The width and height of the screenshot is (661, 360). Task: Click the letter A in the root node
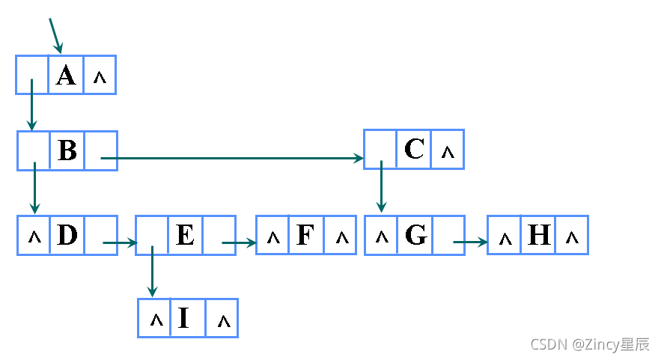[x=66, y=75]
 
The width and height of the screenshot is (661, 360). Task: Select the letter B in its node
[x=67, y=151]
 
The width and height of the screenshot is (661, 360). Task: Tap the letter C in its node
[x=414, y=150]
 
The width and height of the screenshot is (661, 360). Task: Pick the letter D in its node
[x=67, y=236]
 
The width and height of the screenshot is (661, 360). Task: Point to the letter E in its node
[x=185, y=236]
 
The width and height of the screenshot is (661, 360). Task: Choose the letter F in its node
[x=305, y=236]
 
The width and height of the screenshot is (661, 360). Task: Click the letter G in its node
[x=415, y=236]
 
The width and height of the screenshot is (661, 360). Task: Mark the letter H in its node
[x=539, y=236]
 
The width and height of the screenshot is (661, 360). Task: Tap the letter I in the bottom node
[x=183, y=319]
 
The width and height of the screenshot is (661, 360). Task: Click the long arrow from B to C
[x=232, y=158]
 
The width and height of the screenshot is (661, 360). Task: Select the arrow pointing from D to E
[x=120, y=242]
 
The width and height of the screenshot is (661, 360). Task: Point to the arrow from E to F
[x=240, y=242]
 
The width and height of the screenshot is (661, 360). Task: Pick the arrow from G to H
[x=470, y=242]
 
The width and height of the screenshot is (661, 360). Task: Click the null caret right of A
[x=100, y=77]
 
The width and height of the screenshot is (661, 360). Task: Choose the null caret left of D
[x=34, y=237]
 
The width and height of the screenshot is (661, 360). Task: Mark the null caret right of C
[x=448, y=153]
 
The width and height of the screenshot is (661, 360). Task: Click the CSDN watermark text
[x=590, y=344]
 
